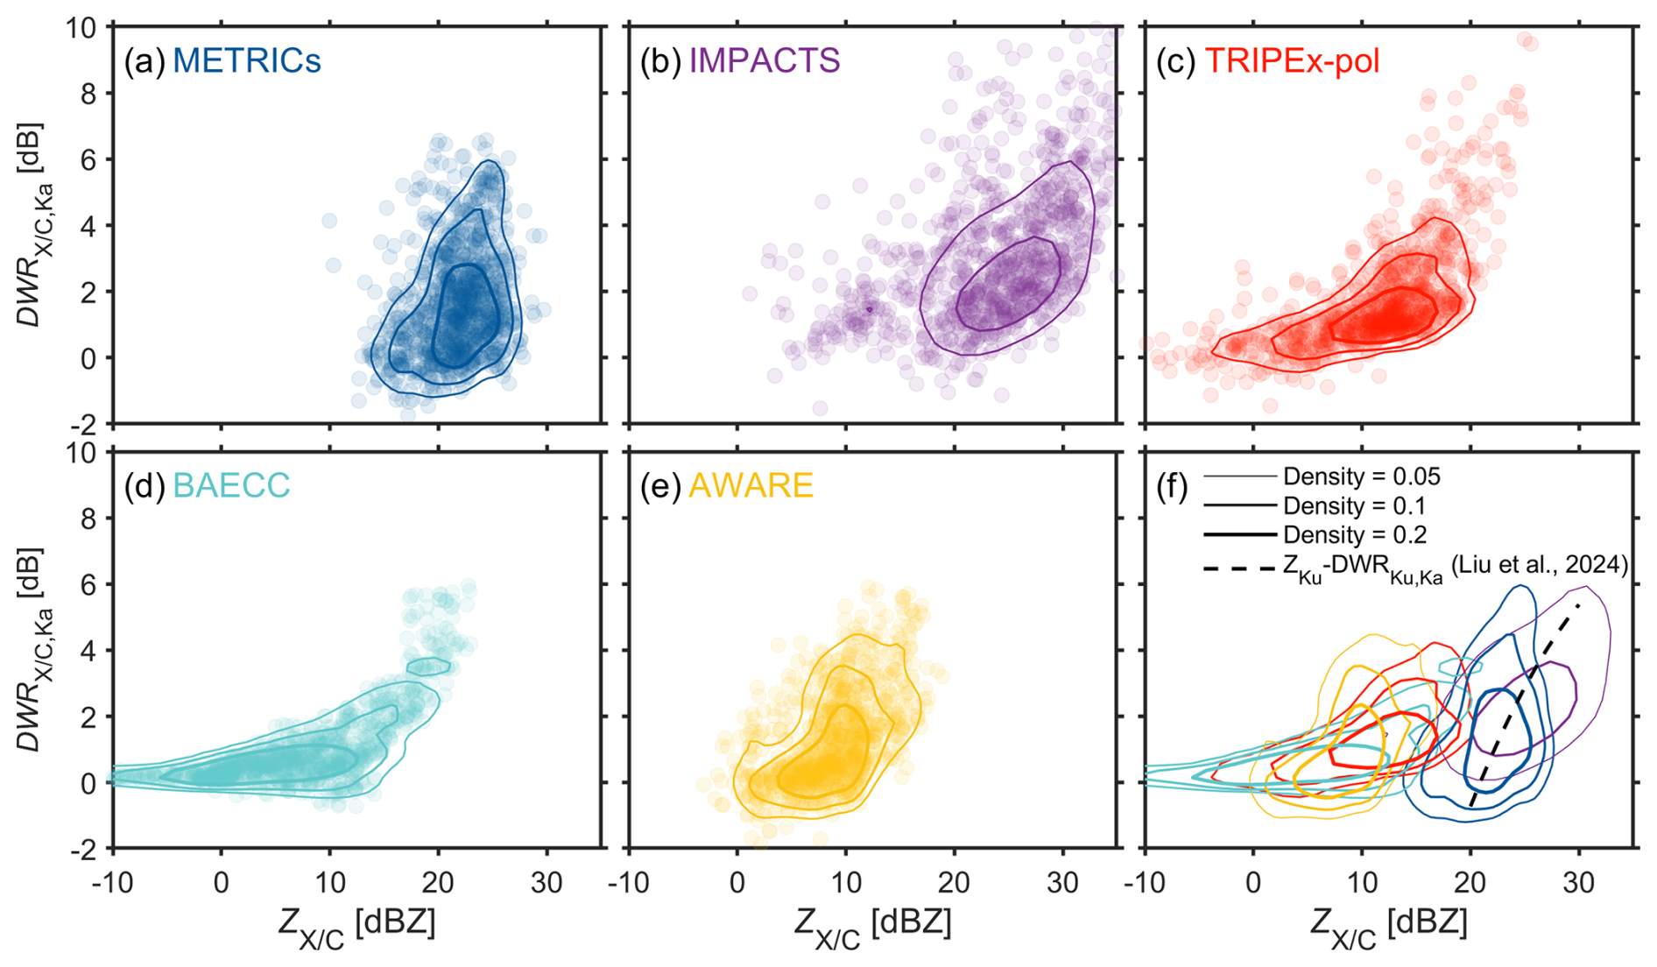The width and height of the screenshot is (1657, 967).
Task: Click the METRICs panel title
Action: (x=246, y=60)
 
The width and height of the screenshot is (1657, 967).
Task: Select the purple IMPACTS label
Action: (x=764, y=60)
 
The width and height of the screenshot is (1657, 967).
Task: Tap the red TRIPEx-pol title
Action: (x=1292, y=60)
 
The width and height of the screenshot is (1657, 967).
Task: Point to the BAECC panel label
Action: (x=231, y=485)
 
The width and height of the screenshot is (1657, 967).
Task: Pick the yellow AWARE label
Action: (x=751, y=485)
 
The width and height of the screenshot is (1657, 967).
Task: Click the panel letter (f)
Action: (x=1171, y=485)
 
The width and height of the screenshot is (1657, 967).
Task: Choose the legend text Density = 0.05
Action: (x=1361, y=476)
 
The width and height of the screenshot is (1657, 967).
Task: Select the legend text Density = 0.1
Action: (x=1354, y=505)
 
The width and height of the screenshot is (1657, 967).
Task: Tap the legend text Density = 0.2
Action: (x=1354, y=534)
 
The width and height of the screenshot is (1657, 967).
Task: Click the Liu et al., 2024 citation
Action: (x=1540, y=565)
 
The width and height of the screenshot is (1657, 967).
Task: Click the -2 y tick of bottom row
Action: (x=85, y=849)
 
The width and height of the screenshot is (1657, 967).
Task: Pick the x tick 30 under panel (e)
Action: (x=1062, y=883)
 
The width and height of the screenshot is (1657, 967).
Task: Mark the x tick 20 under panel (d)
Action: (x=438, y=883)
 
